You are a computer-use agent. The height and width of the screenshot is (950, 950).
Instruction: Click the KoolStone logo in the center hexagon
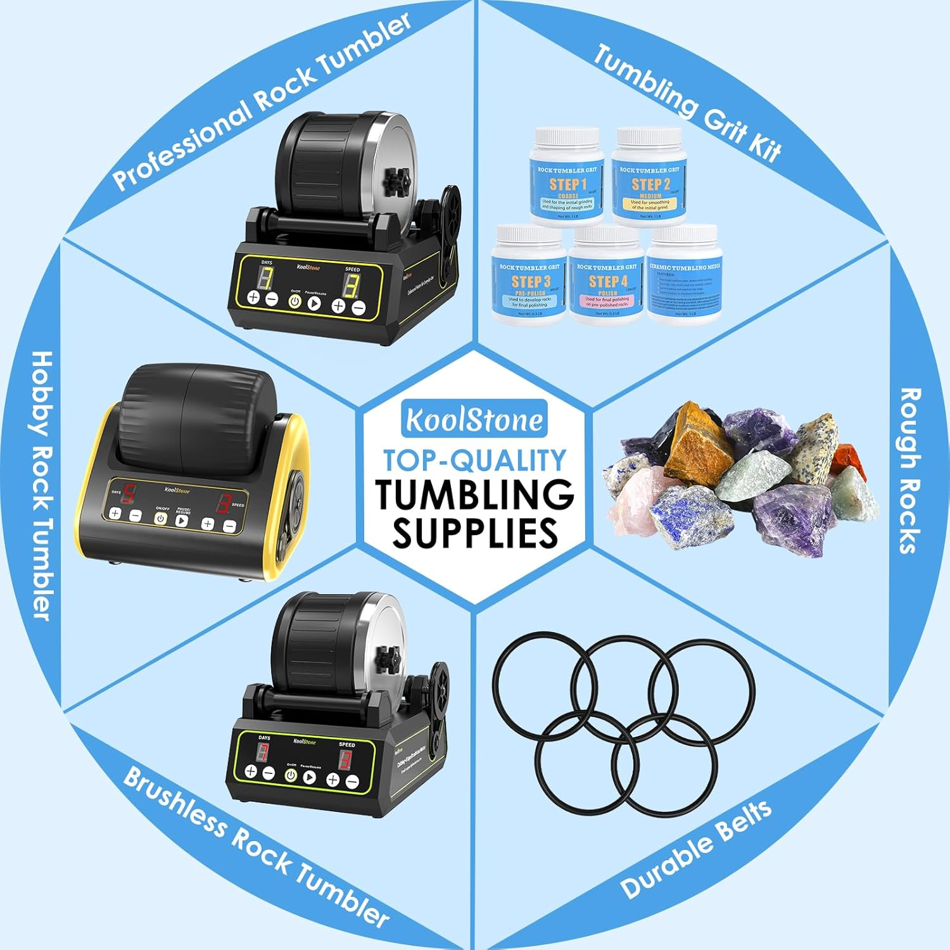pyautogui.click(x=474, y=419)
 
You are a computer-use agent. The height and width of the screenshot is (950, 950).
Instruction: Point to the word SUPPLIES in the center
pyautogui.click(x=475, y=533)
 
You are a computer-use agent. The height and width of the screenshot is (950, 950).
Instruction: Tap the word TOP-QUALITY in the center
pyautogui.click(x=474, y=460)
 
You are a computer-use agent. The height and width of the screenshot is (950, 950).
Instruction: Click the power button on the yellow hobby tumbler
pyautogui.click(x=161, y=519)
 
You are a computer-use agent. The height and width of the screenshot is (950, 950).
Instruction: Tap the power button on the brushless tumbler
pyautogui.click(x=290, y=775)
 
